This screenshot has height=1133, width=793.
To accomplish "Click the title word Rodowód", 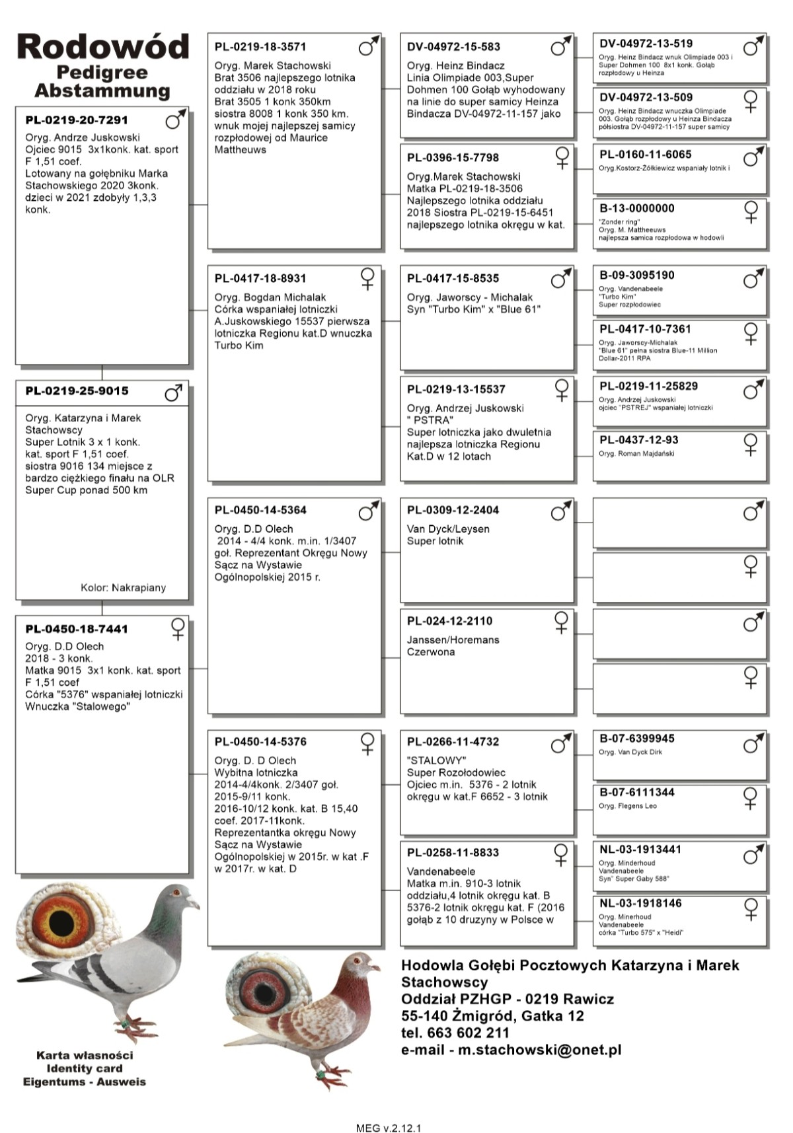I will point(103,47).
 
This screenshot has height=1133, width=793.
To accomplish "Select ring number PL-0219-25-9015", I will point(77,391).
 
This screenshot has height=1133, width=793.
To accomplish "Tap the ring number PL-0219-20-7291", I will point(77,120).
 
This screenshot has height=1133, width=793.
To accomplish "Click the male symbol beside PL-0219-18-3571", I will point(368,46).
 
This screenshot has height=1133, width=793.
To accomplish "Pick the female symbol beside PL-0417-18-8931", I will point(367,278).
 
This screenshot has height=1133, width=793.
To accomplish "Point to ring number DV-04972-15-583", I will point(453,47).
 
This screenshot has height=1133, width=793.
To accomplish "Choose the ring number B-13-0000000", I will point(637,208).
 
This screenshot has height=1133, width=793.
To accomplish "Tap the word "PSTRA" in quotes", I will point(432,420).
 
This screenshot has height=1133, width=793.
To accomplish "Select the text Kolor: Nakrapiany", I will point(123,587).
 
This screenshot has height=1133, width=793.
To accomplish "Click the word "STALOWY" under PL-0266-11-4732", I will point(436,760).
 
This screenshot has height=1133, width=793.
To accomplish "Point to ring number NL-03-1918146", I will point(640,903).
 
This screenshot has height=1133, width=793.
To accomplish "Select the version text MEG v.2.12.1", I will point(389,1128).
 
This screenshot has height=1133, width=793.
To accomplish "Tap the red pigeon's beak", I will point(376,969).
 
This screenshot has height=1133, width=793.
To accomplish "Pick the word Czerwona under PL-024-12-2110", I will point(431,652).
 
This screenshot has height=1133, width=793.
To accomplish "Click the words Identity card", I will point(85,1068).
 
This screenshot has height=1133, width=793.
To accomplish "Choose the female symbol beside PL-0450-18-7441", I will point(178,628).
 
